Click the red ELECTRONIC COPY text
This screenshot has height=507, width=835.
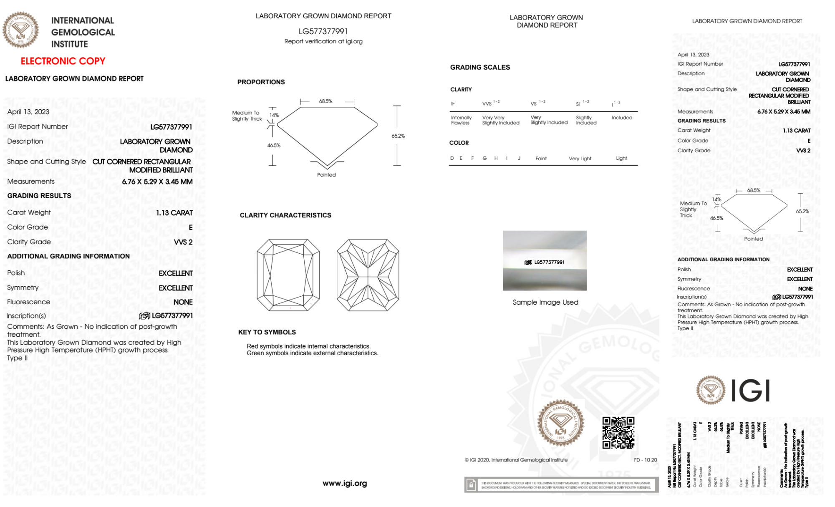63,61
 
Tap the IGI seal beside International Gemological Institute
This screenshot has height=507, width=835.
20,30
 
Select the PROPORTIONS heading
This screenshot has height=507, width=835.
261,82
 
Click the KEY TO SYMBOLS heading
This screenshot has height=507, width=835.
267,332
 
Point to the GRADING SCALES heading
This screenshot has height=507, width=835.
480,67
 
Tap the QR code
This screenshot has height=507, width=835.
618,433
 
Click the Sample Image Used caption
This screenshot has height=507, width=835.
545,302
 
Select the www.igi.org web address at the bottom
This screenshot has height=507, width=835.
345,483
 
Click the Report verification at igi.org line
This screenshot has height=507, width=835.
323,41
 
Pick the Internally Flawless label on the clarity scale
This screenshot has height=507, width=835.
461,120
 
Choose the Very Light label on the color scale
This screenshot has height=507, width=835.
580,159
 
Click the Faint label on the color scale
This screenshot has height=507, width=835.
541,159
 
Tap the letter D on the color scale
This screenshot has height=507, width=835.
452,158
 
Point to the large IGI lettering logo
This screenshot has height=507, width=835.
750,391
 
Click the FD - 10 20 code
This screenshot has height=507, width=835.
645,460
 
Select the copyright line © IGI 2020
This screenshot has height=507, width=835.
516,460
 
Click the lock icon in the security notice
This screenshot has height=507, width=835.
471,485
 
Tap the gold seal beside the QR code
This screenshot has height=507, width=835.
560,424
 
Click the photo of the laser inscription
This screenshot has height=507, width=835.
545,261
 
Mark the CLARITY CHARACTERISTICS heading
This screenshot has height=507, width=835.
285,215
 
